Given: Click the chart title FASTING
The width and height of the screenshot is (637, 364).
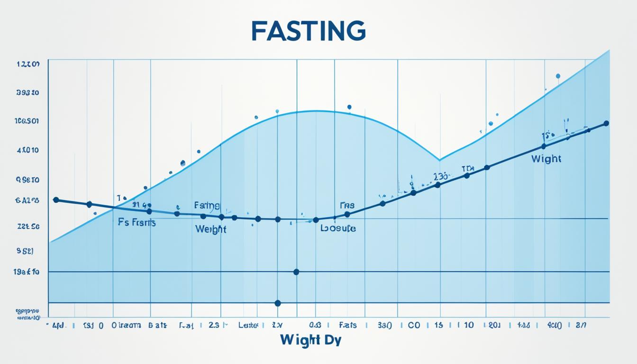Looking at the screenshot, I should pyautogui.click(x=308, y=31).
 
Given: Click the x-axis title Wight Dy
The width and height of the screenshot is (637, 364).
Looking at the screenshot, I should pyautogui.click(x=310, y=340).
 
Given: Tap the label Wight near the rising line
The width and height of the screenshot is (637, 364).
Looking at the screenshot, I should pyautogui.click(x=546, y=159).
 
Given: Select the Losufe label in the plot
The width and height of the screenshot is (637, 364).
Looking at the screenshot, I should pyautogui.click(x=338, y=228).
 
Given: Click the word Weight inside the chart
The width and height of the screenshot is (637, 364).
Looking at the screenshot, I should pyautogui.click(x=210, y=229).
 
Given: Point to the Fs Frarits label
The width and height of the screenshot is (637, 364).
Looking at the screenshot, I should pyautogui.click(x=136, y=222).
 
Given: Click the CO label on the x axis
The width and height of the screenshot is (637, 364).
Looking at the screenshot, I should pyautogui.click(x=414, y=326).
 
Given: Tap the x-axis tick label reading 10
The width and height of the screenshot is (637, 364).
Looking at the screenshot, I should pyautogui.click(x=468, y=326).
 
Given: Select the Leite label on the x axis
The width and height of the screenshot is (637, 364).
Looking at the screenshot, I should pyautogui.click(x=248, y=326).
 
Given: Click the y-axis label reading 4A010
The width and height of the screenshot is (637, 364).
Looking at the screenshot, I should pyautogui.click(x=27, y=150).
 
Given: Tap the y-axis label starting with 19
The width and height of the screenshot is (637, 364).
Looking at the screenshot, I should pyautogui.click(x=27, y=272).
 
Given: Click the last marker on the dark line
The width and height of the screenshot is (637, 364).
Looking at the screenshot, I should pyautogui.click(x=606, y=123).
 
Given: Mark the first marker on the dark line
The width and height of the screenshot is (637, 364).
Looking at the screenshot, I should pyautogui.click(x=56, y=200).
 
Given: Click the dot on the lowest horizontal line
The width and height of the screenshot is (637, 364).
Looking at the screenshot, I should pyautogui.click(x=278, y=303).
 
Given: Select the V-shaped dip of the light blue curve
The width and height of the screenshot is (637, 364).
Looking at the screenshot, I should pyautogui.click(x=439, y=160).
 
